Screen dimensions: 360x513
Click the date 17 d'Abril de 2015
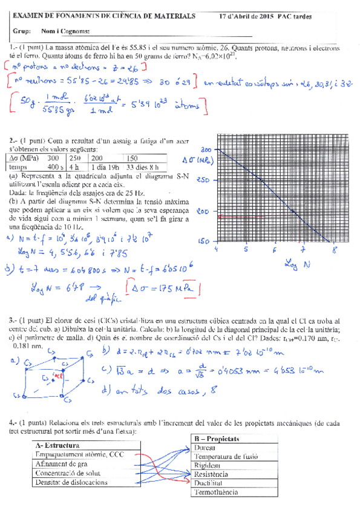pyautogui.click(x=244, y=17)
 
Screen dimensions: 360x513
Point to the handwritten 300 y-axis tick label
pyautogui.click(x=206, y=149)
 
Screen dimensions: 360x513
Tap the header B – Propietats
pyautogui.click(x=217, y=439)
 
